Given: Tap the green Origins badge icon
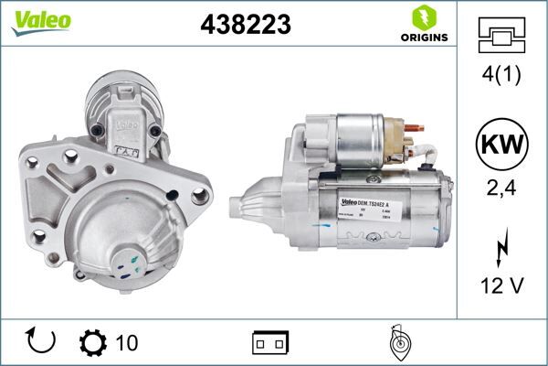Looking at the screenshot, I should pyautogui.click(x=423, y=16).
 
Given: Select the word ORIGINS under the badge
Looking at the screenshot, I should pyautogui.click(x=423, y=38).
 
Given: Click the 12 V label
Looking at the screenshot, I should pyautogui.click(x=501, y=285).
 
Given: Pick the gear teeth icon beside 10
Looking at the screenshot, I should pyautogui.click(x=93, y=341).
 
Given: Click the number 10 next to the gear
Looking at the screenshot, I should pyautogui.click(x=127, y=342).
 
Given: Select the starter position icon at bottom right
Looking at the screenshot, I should pyautogui.click(x=396, y=341).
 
